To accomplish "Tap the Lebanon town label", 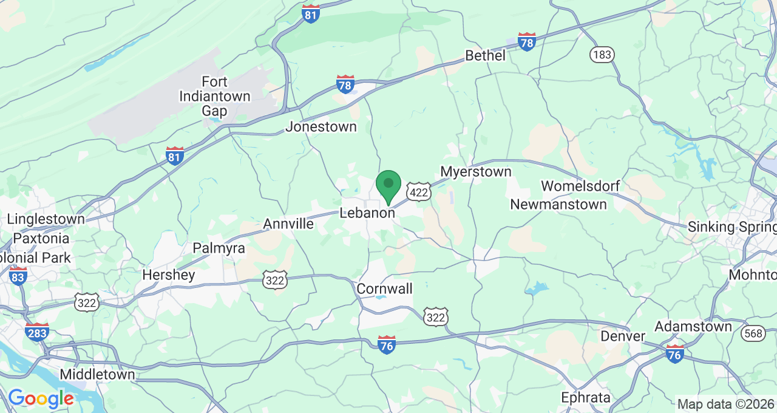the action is coord(367,213).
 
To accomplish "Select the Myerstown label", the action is coord(476,172).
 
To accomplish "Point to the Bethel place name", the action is coord(485,56).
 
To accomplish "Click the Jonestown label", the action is coord(321,127).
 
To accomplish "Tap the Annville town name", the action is coord(288,224).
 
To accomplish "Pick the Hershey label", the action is coord(169,275).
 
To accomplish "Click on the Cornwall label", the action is coord(385,288).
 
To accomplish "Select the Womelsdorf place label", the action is coord(583,186).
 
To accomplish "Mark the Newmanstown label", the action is coord(558,204).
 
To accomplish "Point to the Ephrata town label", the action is coord(586,398).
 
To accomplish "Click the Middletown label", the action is coord(97,374).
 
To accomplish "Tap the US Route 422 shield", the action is coord(419,192).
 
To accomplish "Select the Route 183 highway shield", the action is coord(602,55).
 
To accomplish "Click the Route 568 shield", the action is coord(753,333).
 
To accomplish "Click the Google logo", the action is coord(41,399).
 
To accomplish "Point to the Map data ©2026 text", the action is coord(725,404).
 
